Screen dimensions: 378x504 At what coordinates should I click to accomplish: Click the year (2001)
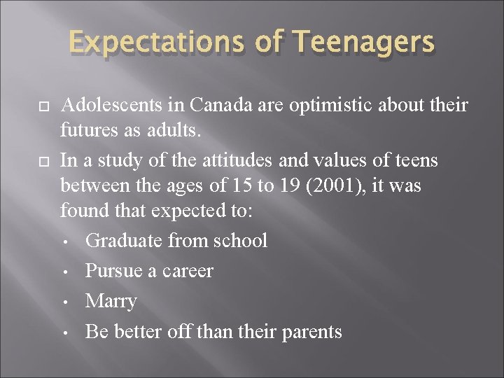(x=335, y=185)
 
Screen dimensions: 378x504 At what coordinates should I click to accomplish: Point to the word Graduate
(x=123, y=240)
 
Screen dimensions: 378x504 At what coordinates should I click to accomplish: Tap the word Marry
(x=111, y=301)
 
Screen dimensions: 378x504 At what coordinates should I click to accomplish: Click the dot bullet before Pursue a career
(x=64, y=272)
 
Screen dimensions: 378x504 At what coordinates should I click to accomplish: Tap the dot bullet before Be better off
(x=64, y=332)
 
